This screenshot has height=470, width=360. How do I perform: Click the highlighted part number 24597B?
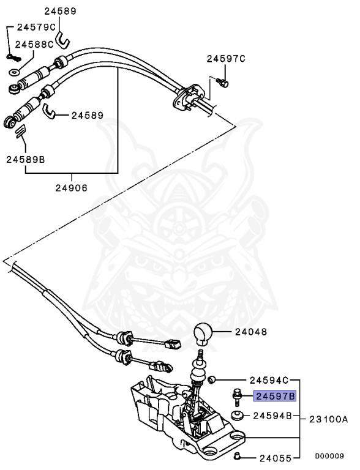pos(276,396)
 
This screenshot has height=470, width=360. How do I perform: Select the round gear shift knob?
pos(203,335)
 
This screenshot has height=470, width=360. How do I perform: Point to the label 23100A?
pos(328,419)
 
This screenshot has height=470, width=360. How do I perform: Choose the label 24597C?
pos(225,59)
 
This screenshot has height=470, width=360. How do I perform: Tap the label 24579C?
pos(36,27)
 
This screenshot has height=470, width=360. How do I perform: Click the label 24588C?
pos(34,44)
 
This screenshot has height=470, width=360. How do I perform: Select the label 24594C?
pos(269,380)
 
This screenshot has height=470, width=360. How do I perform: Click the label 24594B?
pos(273,416)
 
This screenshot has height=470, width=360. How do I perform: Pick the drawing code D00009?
pos(330,456)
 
